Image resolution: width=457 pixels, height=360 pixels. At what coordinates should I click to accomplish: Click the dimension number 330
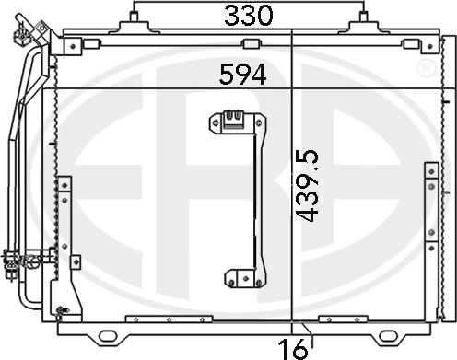click(248, 16)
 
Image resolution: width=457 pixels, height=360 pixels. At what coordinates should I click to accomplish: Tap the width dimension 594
click(242, 75)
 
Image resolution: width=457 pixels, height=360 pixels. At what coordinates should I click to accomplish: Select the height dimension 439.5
click(307, 185)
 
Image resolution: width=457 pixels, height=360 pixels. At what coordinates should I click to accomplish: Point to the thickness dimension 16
click(293, 349)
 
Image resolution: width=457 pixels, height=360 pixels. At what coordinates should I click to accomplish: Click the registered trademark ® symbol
click(427, 68)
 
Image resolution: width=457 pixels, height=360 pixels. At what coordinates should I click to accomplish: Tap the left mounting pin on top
click(134, 16)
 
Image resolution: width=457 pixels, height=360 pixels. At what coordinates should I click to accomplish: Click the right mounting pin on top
click(363, 16)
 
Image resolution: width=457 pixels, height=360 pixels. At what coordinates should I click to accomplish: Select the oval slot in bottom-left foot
click(107, 335)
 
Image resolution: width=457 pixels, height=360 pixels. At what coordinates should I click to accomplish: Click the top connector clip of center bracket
click(232, 119)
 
